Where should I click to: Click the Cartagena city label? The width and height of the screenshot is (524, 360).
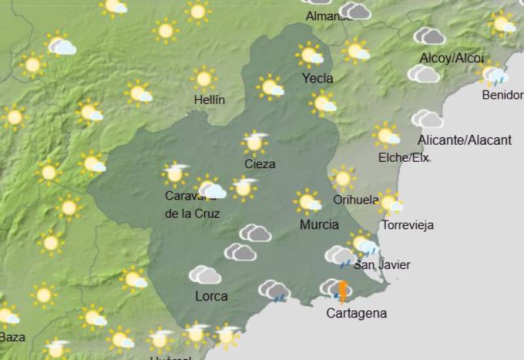(x=356, y=314)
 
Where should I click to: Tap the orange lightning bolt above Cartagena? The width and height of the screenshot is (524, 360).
(x=342, y=291)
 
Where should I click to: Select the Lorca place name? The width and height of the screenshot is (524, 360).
(x=212, y=297)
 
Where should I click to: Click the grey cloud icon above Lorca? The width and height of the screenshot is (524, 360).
(x=205, y=275)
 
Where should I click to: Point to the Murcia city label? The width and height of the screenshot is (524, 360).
(x=319, y=225)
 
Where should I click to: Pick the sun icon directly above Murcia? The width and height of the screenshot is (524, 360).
(x=307, y=202)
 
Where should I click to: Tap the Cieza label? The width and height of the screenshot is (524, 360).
(x=259, y=164)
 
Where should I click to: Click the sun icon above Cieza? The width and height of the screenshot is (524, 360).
(x=255, y=142)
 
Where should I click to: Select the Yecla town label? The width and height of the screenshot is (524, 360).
(x=318, y=79)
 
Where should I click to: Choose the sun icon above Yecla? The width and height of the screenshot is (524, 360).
(x=310, y=55)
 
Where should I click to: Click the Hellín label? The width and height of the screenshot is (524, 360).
(x=210, y=100)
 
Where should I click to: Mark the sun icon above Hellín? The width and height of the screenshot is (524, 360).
(x=204, y=79)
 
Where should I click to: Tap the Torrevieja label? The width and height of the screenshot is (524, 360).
(x=407, y=225)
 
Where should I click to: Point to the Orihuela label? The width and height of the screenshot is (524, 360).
(x=356, y=200)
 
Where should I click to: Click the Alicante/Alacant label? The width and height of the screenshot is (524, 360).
(x=464, y=139)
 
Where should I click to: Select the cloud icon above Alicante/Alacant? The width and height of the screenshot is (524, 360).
(x=427, y=119)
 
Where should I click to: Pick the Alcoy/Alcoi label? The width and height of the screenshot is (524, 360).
(x=451, y=58)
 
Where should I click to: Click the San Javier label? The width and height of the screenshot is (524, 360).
(x=382, y=264)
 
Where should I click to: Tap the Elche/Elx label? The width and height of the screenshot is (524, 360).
(x=404, y=158)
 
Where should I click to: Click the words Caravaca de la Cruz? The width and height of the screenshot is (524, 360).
(x=192, y=204)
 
